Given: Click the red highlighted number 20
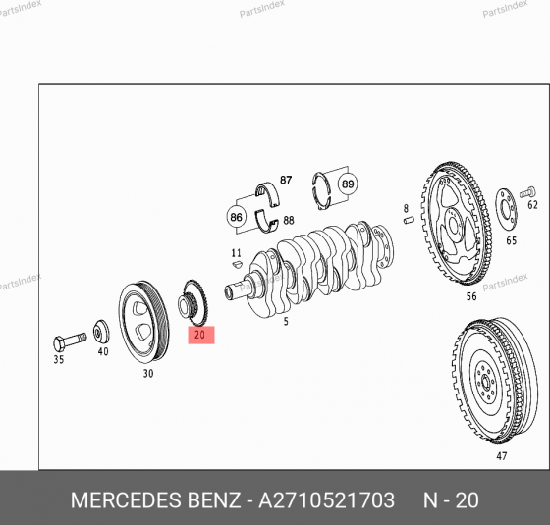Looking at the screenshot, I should (199, 336).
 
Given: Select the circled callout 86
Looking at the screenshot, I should (236, 217).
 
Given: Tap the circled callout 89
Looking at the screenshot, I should (348, 184).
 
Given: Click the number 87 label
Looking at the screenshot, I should (286, 181).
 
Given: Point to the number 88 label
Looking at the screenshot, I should (287, 220).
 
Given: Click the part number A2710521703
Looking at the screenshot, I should (326, 500).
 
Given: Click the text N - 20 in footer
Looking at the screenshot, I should (450, 500).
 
